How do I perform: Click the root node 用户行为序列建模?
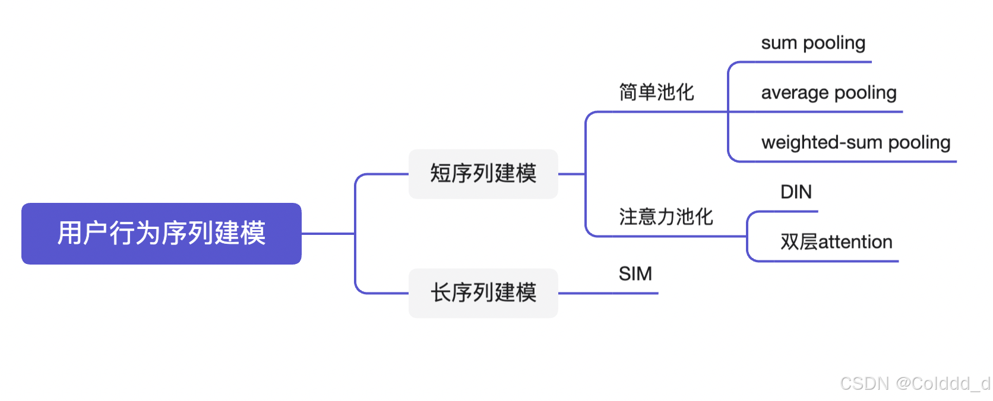click(x=161, y=233)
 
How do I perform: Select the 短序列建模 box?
click(x=483, y=174)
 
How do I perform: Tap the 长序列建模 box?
click(x=483, y=293)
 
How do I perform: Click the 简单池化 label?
click(x=656, y=93)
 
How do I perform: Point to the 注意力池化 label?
click(x=666, y=217)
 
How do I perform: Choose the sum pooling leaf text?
click(x=813, y=43)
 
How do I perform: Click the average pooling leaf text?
click(x=828, y=93)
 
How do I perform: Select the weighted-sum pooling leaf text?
click(x=856, y=143)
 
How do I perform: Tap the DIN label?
click(x=796, y=192)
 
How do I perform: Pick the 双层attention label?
click(x=836, y=242)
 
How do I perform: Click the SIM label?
click(x=635, y=274)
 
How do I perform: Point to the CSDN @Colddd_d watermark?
click(x=915, y=384)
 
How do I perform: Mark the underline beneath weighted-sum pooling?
click(x=856, y=161)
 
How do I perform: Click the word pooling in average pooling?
click(x=865, y=93)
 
